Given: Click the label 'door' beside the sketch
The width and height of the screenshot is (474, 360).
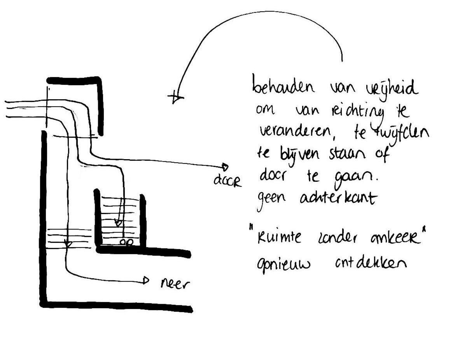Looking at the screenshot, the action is [227, 181].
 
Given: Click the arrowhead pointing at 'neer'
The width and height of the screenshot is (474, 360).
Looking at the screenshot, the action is [146, 280].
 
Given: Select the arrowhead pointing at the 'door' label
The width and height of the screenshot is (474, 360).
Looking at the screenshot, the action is [225, 165].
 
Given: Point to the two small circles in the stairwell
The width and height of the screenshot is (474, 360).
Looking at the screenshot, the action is [126, 242].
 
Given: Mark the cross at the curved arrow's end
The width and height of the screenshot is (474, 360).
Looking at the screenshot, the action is [176, 97].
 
